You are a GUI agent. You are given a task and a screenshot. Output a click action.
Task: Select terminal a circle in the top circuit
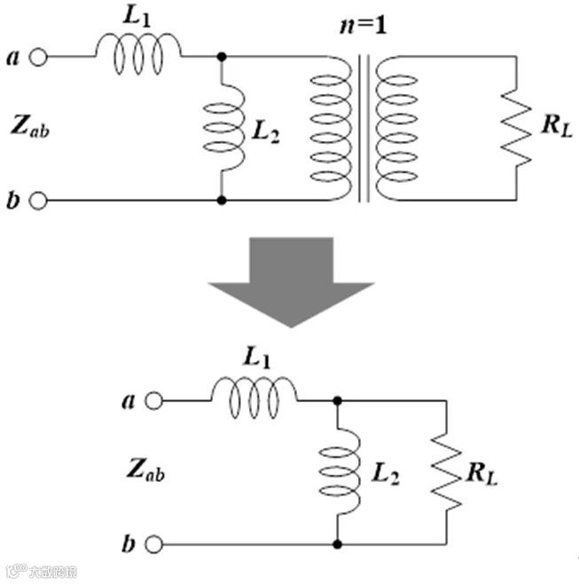(38, 58)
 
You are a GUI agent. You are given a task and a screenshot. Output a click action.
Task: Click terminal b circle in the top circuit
(38, 201)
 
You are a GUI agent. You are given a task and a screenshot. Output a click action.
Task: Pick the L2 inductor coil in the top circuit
(222, 129)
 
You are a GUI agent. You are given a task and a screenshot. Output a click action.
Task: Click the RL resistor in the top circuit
(516, 129)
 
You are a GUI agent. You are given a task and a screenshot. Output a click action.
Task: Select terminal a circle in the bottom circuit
(154, 401)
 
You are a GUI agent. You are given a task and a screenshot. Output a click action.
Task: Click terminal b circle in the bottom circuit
(154, 543)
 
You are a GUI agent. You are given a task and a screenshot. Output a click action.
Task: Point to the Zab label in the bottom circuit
(144, 470)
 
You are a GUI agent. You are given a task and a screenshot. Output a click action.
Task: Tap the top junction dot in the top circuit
(222, 58)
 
